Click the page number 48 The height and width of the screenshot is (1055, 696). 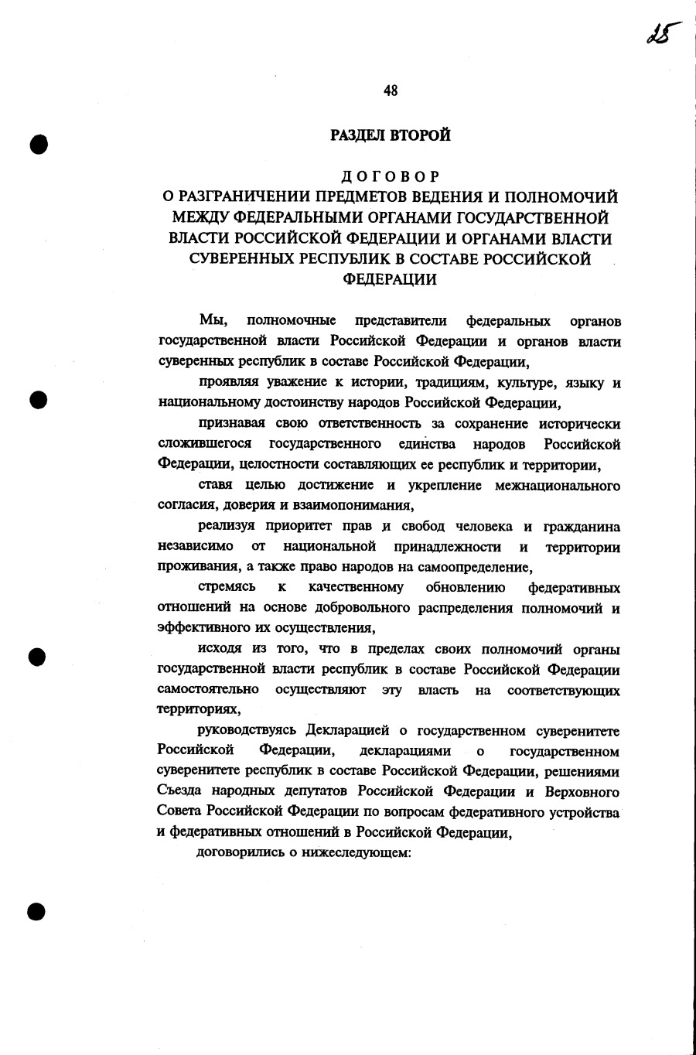(390, 90)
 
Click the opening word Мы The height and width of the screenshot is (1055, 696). (212, 320)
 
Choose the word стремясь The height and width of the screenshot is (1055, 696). (227, 587)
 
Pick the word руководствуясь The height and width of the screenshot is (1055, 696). (249, 730)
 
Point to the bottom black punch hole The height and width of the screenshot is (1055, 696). (36, 910)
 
